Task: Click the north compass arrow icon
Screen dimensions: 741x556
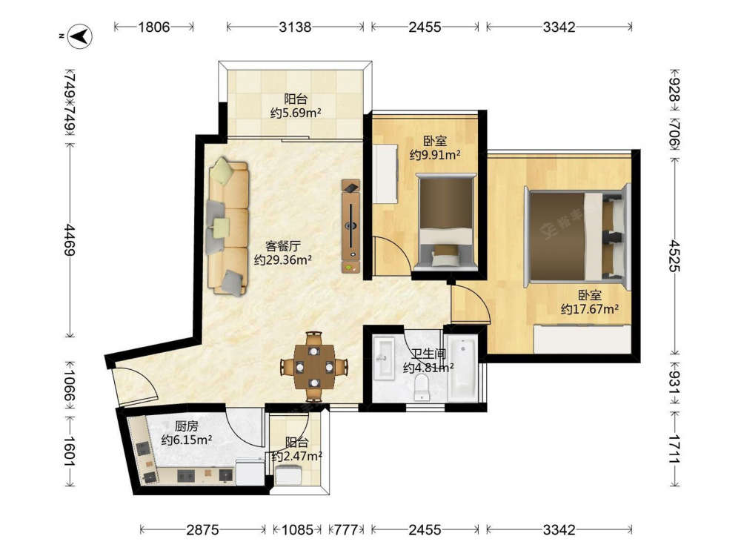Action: [79, 36]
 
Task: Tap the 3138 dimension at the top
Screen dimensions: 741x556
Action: [296, 27]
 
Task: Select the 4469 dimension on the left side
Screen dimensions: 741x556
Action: [70, 239]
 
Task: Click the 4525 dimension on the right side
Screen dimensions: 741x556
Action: [674, 255]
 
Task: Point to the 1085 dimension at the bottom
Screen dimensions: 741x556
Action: [297, 529]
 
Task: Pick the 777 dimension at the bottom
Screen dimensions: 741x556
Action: [346, 529]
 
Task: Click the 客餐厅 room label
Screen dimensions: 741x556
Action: [283, 246]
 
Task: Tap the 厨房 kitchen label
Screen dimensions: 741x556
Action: [187, 426]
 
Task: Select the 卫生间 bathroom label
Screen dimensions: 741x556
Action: [428, 354]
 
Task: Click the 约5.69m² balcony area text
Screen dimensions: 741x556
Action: [296, 113]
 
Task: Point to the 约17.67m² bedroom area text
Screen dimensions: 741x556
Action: [590, 309]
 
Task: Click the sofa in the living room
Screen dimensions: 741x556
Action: [227, 226]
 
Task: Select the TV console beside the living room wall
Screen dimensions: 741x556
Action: [350, 226]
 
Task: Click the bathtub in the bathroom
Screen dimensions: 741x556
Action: [462, 368]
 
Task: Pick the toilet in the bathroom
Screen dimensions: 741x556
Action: [422, 387]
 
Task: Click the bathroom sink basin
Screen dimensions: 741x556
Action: [383, 358]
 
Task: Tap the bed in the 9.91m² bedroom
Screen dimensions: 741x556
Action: [445, 222]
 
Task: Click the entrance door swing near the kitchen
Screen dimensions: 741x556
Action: [133, 386]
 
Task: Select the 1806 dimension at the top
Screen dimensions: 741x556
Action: [154, 27]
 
